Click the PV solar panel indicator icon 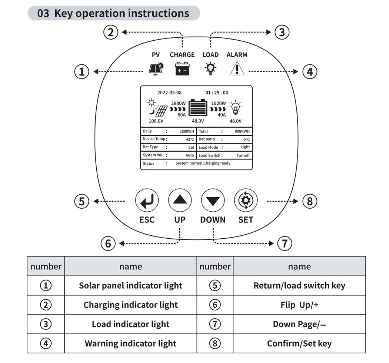156,68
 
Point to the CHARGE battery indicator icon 182,68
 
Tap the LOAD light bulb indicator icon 210,68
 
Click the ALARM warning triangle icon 237,68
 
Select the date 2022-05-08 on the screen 169,93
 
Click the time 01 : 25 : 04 217,93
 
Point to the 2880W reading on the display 178,104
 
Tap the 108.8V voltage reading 156,121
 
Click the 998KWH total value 242,131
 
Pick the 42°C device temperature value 190,140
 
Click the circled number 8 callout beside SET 310,201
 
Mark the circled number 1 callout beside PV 82,71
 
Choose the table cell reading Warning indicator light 130,343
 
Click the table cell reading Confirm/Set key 299,343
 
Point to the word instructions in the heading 159,13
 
